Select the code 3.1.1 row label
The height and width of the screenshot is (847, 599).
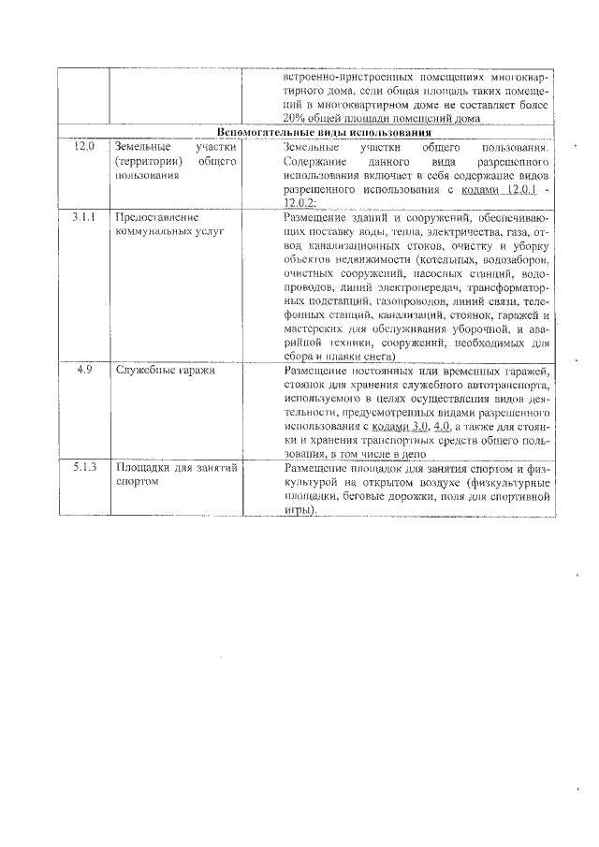84,216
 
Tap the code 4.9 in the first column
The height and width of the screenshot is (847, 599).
84,371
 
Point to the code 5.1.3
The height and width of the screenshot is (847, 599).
84,466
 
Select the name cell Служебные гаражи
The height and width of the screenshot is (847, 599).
153,371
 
